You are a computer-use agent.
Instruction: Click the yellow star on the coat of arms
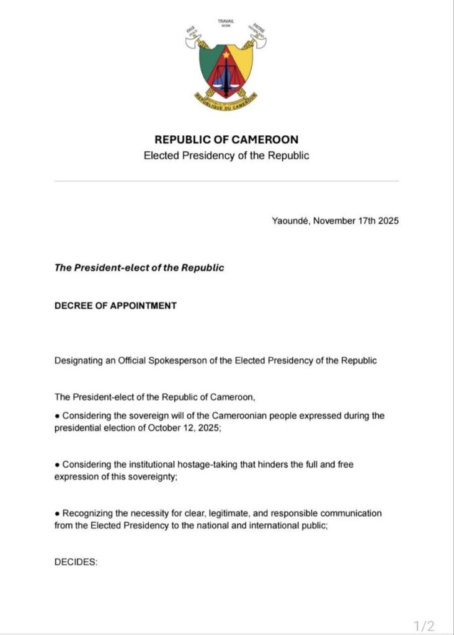(226, 55)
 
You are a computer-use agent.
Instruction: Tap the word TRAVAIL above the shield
(226, 22)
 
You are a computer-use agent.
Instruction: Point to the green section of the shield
(209, 65)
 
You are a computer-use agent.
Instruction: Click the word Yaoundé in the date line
(290, 221)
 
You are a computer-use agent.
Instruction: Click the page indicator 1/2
(425, 624)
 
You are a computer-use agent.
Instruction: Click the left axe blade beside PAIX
(192, 43)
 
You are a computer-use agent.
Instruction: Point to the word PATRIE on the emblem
(257, 28)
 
